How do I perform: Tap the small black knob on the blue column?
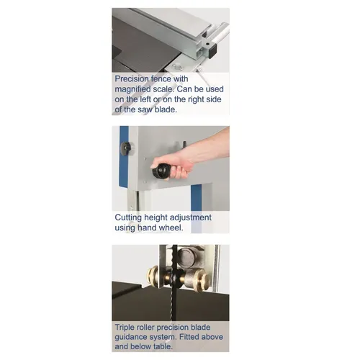tap(127, 148)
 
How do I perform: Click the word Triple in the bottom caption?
tap(128, 326)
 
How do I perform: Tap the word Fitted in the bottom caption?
tap(186, 336)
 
